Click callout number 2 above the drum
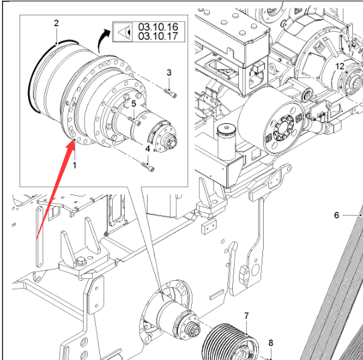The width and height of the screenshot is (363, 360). [x=56, y=23]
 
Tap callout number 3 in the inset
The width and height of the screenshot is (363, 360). [x=169, y=72]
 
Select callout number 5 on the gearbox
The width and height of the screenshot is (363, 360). [x=134, y=104]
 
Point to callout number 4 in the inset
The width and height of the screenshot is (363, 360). [x=148, y=149]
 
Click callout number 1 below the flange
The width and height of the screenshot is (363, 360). [x=74, y=165]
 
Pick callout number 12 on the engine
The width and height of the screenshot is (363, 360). [x=340, y=66]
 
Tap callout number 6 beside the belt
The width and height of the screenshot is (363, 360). [x=337, y=215]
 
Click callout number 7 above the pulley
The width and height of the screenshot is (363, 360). [x=246, y=316]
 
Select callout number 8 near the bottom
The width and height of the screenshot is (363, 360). [x=270, y=343]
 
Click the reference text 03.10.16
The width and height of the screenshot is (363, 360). [x=158, y=27]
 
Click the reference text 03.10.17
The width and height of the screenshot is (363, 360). [x=158, y=36]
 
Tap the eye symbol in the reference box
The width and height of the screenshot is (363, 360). [x=125, y=32]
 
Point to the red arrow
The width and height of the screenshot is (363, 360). [x=56, y=189]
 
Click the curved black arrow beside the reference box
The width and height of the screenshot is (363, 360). [x=103, y=40]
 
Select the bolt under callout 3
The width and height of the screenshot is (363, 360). [x=170, y=93]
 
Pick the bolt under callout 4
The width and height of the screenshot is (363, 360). [x=148, y=167]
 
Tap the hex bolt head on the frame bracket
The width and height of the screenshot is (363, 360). [x=81, y=261]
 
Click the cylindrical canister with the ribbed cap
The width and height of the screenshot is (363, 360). [x=226, y=141]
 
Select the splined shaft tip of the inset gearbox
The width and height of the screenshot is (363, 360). [x=172, y=141]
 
